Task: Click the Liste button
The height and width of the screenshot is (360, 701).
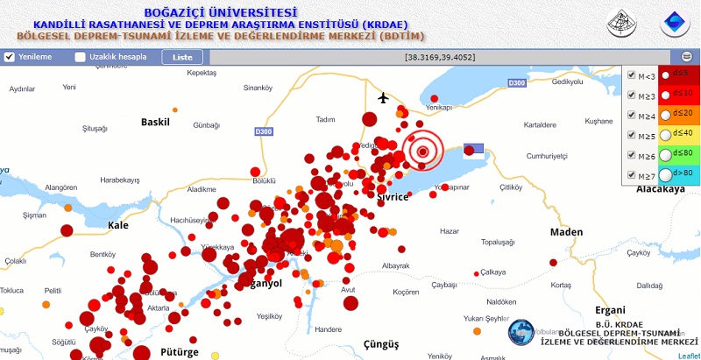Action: tap(182, 57)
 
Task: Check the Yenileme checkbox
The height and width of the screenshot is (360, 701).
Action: tap(10, 57)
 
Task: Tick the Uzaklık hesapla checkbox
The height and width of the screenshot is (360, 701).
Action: tap(81, 57)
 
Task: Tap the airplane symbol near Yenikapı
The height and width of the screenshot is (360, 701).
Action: tap(383, 96)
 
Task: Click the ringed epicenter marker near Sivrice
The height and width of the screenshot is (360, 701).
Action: tap(423, 152)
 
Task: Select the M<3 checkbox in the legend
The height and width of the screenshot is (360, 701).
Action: tap(632, 75)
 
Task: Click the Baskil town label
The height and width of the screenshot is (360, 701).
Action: tap(155, 122)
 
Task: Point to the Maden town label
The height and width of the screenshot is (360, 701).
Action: tap(566, 232)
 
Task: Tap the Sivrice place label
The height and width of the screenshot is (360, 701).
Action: tap(393, 197)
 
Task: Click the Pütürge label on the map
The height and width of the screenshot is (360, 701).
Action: tap(181, 352)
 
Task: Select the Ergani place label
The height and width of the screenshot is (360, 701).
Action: tap(610, 310)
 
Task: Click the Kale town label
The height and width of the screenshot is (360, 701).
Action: tap(117, 225)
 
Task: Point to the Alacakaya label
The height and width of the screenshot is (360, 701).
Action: tap(660, 189)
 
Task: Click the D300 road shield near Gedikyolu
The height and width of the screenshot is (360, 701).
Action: tap(517, 83)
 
